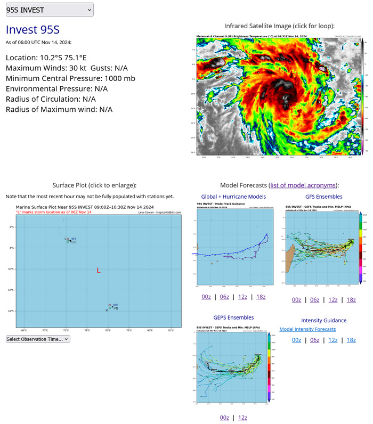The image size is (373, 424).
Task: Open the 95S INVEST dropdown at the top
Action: tap(49, 10)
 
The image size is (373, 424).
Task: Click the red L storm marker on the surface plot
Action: tap(99, 271)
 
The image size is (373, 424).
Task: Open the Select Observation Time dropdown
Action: tap(38, 338)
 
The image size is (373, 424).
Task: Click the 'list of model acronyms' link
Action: tap(303, 185)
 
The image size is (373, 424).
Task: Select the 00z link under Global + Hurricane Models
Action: tap(206, 297)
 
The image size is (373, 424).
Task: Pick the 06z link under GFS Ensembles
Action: tap(315, 299)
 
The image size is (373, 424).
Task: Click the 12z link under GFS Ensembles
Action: tap(333, 299)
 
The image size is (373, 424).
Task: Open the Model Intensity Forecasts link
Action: tap(307, 329)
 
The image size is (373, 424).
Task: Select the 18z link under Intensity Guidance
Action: tap(351, 340)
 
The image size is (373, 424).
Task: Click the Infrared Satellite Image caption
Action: tap(279, 26)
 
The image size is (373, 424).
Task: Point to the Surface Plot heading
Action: tap(94, 185)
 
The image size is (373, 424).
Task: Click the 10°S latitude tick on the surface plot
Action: tap(11, 269)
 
